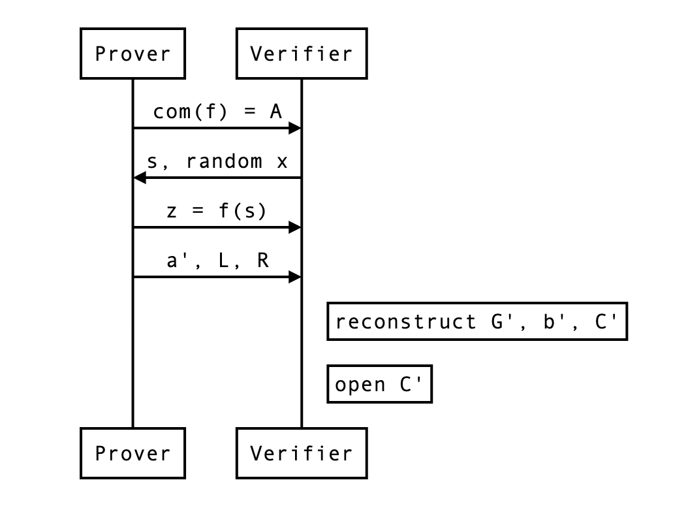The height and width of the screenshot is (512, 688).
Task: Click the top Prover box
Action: (x=133, y=54)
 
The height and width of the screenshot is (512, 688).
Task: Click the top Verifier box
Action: (x=301, y=54)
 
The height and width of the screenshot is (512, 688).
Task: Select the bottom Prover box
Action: (x=133, y=453)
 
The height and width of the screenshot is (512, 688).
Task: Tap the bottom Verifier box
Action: (x=301, y=453)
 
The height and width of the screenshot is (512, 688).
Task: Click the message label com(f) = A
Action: (x=217, y=112)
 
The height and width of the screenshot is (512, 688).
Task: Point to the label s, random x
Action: (x=217, y=161)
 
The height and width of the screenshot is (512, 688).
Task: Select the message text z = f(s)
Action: (x=217, y=211)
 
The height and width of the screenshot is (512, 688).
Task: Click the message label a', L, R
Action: (x=217, y=261)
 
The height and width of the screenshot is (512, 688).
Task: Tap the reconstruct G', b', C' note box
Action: (x=477, y=321)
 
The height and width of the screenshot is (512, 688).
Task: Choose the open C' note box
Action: (x=379, y=384)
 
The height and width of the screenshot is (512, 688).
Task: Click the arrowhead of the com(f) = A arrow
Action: (x=295, y=128)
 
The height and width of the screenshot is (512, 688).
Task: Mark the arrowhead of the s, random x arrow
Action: (x=139, y=178)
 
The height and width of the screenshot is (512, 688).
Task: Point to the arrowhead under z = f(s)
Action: (x=295, y=227)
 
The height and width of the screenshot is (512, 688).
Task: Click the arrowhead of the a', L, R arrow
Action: (x=295, y=277)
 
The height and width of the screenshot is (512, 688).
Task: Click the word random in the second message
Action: (x=224, y=161)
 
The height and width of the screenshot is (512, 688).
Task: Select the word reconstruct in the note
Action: (x=405, y=322)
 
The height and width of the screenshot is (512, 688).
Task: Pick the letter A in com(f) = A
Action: (x=275, y=112)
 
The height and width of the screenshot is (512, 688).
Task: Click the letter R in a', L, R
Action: (x=262, y=261)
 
